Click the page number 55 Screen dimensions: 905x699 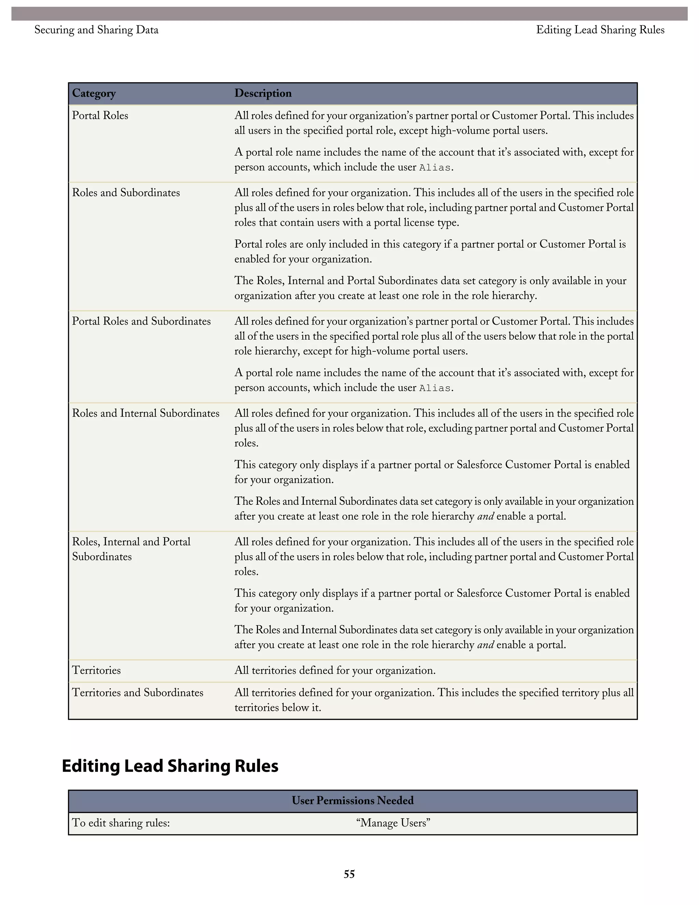click(349, 874)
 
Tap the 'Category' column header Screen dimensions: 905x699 click(94, 93)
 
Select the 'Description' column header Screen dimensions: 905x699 click(263, 93)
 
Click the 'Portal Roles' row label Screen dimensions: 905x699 click(100, 116)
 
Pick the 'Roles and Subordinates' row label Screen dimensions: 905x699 click(126, 193)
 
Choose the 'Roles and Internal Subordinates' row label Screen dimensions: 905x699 click(145, 413)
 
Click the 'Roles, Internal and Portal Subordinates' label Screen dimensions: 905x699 click(131, 549)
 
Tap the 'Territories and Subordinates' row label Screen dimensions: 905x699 click(138, 693)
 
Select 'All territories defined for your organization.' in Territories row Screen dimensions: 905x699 click(334, 670)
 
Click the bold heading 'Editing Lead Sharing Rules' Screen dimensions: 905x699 click(170, 766)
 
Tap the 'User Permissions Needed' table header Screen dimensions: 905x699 click(352, 800)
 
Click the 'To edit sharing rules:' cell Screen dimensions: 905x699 click(121, 823)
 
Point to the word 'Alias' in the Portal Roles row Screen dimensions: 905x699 click(434, 168)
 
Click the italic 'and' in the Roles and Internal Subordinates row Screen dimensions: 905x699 click(485, 516)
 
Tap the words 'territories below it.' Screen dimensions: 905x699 click(277, 707)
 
